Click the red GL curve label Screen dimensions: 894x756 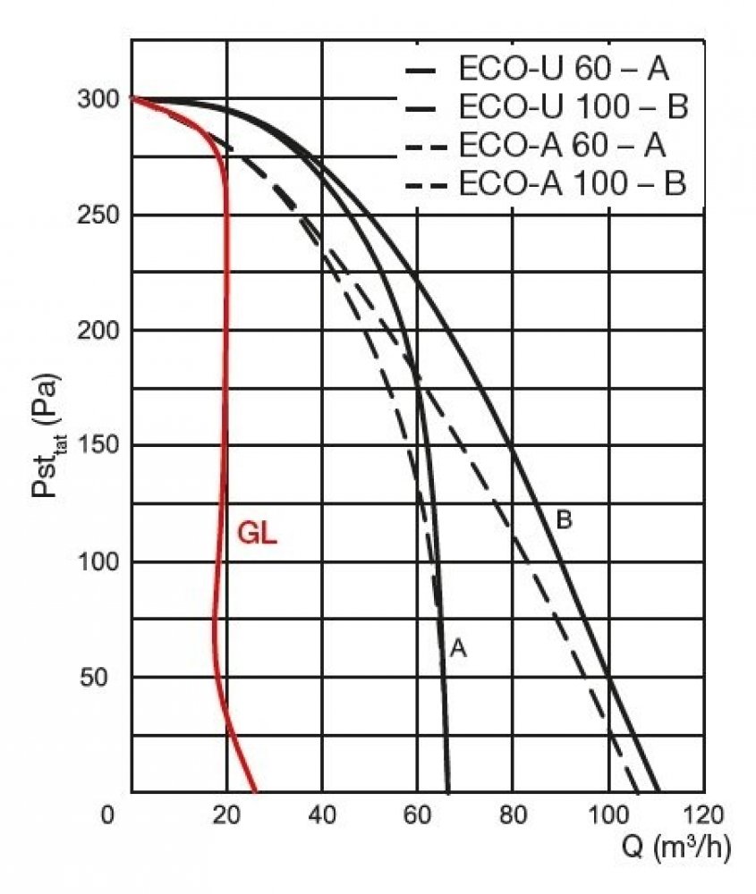coord(257,534)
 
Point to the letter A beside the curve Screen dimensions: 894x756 coord(458,648)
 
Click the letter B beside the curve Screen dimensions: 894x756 coord(564,519)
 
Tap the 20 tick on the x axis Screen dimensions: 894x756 coord(227,814)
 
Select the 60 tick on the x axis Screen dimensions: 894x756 coord(418,814)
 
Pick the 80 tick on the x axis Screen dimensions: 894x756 coord(513,814)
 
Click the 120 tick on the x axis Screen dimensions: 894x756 coord(702,814)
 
